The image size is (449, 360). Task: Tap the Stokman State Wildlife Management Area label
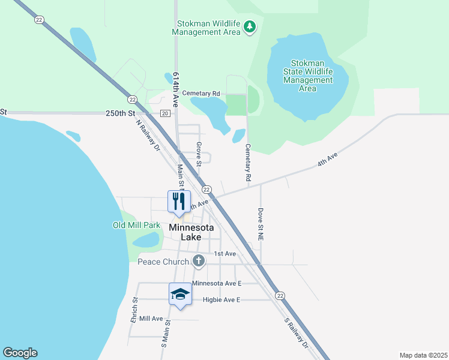[x=307, y=76]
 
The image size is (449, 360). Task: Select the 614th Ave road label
[x=176, y=90]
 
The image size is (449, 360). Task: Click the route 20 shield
[x=165, y=113]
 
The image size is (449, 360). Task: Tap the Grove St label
[x=199, y=152]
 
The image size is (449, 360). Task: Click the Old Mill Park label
[x=137, y=226]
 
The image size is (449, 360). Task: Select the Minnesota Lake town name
[x=195, y=232]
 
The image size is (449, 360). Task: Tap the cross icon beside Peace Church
[x=199, y=261]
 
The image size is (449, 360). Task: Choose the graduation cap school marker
[x=180, y=293]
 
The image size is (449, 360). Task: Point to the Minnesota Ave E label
[x=216, y=283]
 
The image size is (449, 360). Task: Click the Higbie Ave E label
[x=212, y=299]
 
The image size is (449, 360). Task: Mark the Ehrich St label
[x=134, y=310]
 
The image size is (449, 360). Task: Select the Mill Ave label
[x=151, y=319]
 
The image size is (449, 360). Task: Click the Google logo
[x=20, y=353]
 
